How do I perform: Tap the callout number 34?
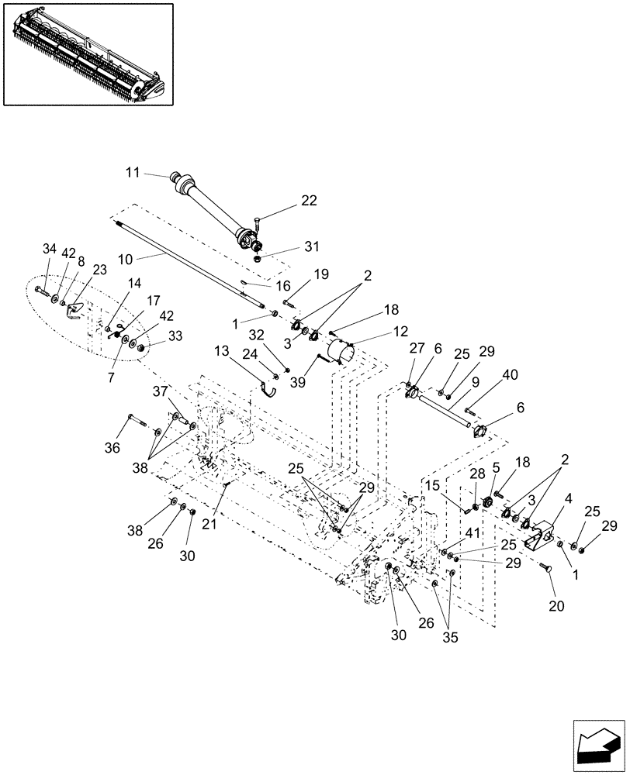tap(50, 248)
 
